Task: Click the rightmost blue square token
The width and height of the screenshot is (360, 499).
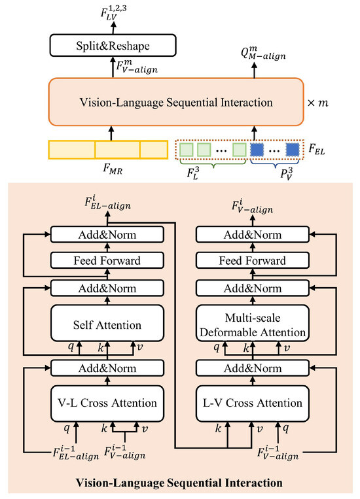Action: point(292,149)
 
